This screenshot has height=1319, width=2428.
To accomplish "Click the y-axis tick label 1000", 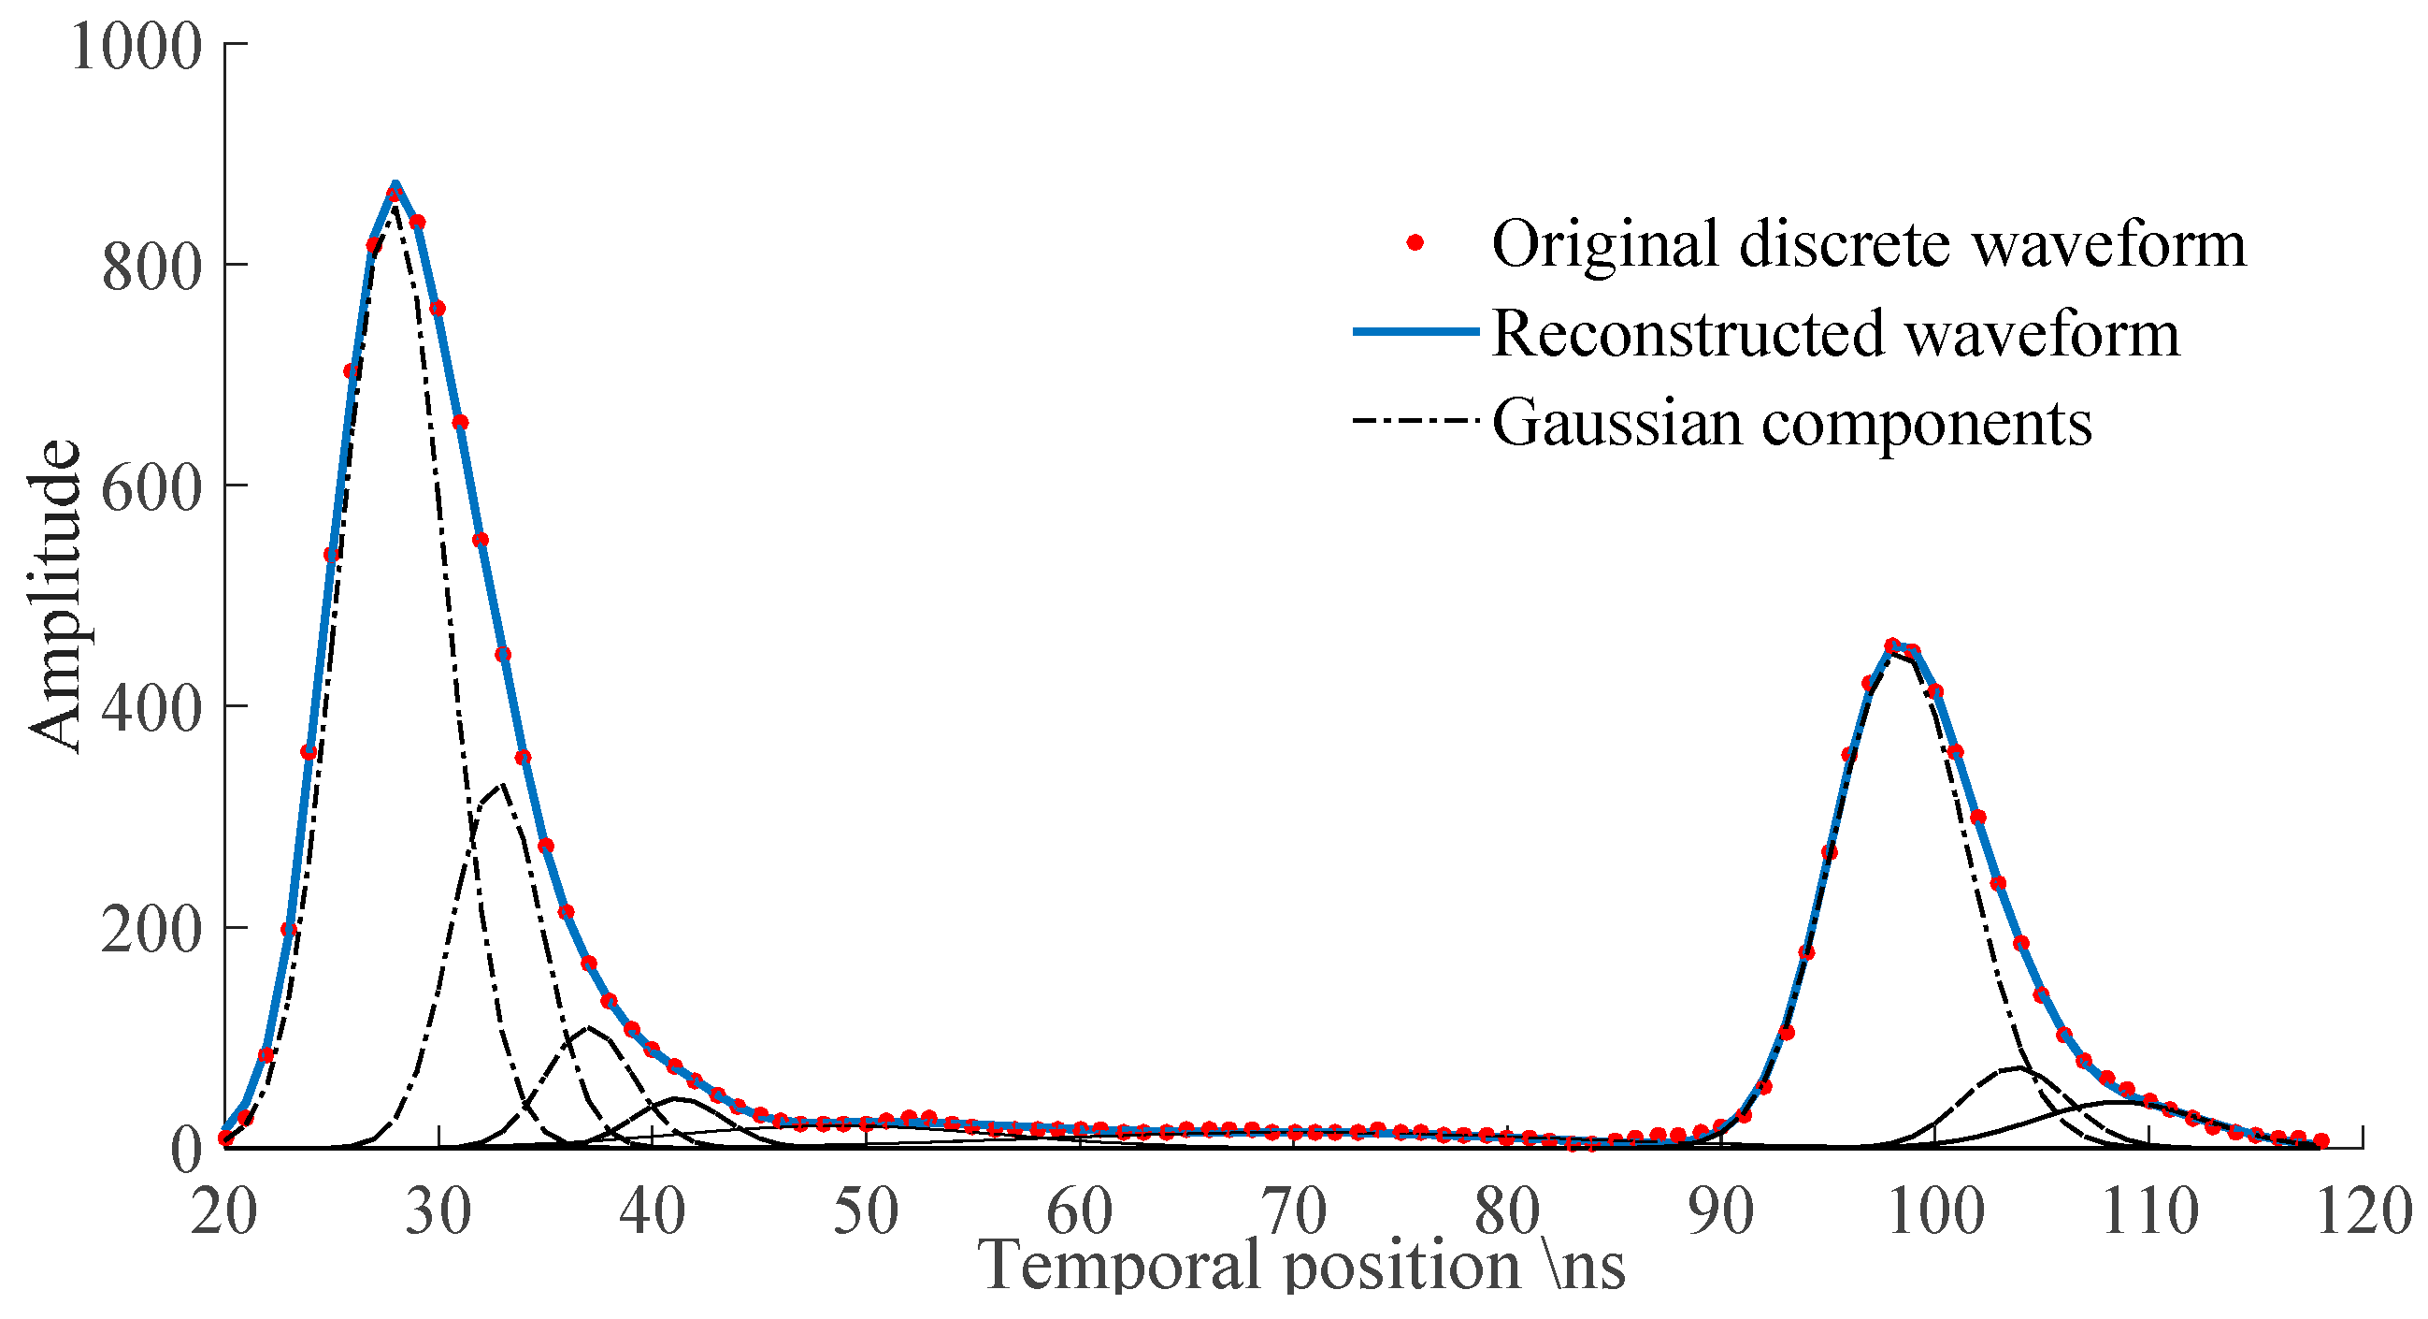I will click(x=136, y=46).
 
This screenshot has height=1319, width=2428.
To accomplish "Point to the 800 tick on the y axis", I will click(x=151, y=268).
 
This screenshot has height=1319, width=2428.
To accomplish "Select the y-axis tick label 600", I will click(x=151, y=489).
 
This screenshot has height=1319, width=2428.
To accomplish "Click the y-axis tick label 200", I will click(x=151, y=932).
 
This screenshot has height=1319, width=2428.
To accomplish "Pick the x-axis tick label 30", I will click(x=438, y=1212).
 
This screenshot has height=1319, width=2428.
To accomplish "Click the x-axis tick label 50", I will click(x=866, y=1212).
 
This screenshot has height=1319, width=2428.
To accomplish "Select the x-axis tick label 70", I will click(x=1294, y=1212).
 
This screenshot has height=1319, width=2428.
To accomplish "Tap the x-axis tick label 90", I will click(x=1721, y=1212).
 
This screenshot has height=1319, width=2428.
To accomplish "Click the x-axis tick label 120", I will click(x=2363, y=1212).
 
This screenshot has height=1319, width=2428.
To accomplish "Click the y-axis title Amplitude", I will click(x=54, y=598).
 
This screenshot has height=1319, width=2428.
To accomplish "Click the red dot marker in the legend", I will click(x=1415, y=243).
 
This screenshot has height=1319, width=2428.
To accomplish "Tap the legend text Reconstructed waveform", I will click(x=1836, y=334).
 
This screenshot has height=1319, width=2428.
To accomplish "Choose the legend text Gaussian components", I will click(x=1791, y=424).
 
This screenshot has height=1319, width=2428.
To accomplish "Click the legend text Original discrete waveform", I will click(x=1869, y=244).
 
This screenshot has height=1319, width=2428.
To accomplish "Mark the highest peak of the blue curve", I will click(x=395, y=184).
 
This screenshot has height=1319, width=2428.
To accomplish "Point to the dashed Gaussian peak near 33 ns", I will click(x=501, y=785).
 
